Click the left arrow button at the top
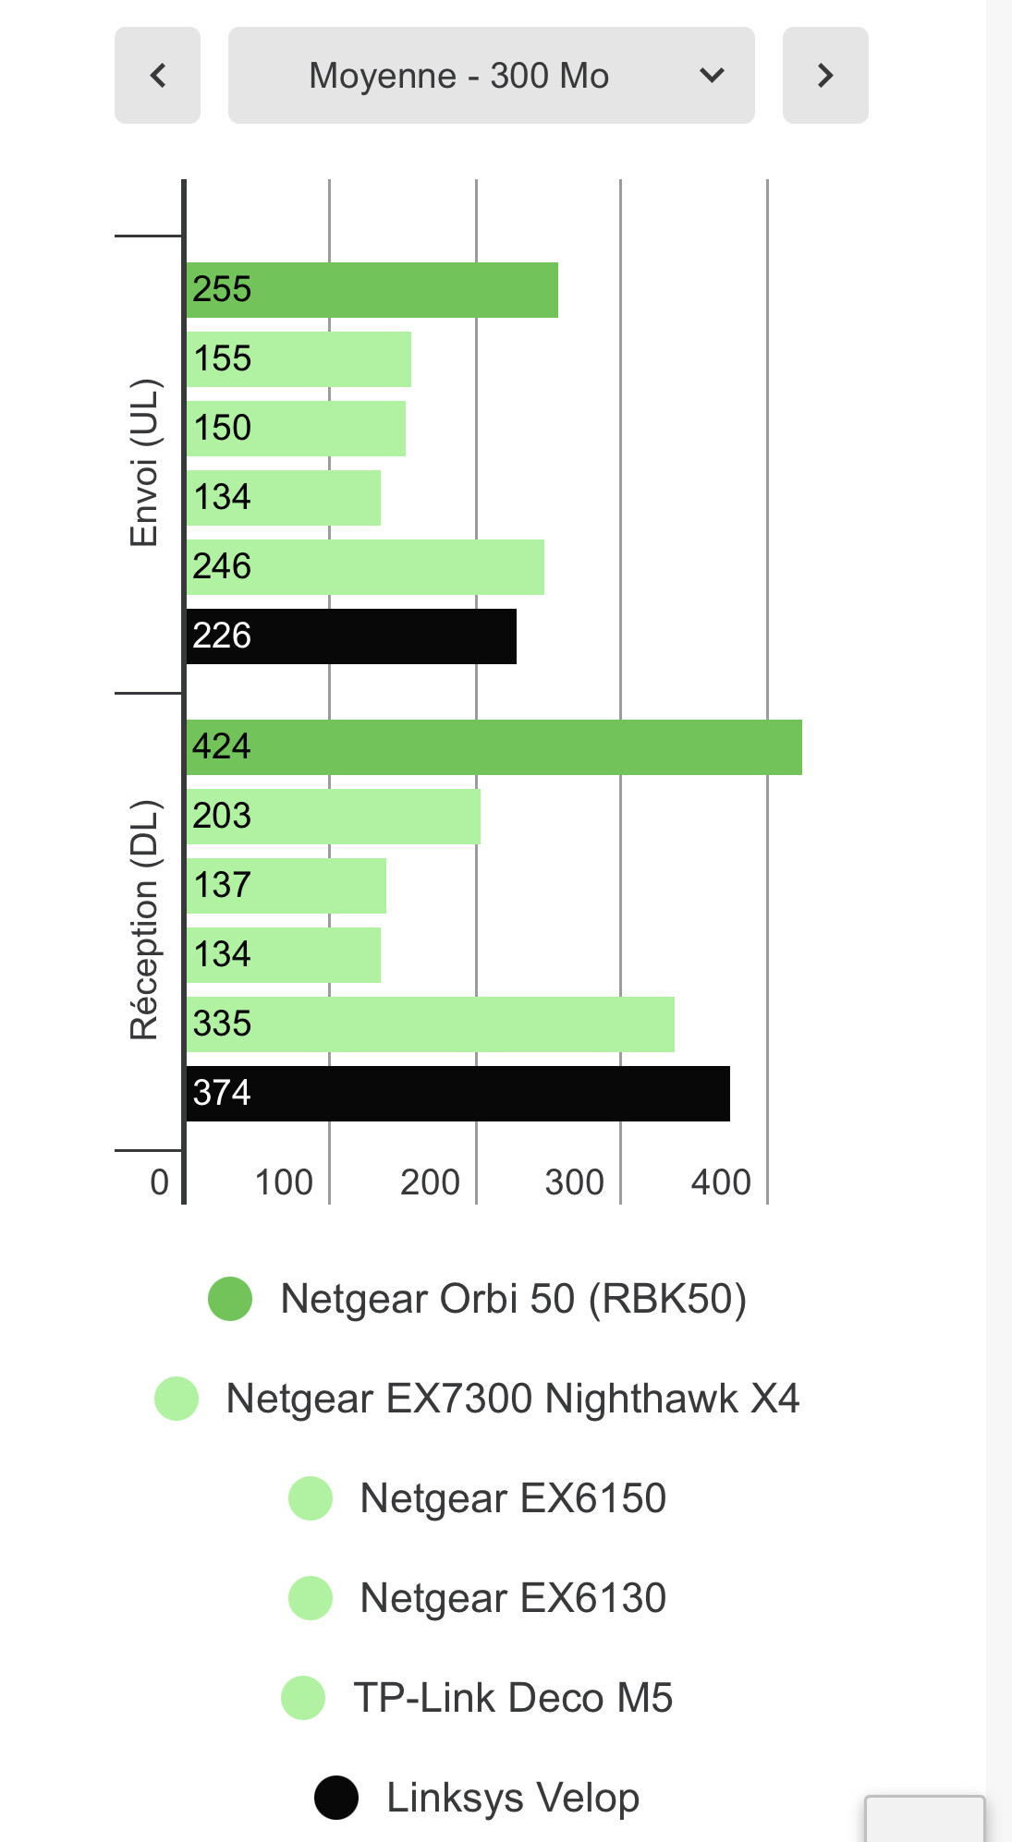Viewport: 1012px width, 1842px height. pyautogui.click(x=157, y=75)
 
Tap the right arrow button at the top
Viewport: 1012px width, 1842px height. pyautogui.click(x=824, y=75)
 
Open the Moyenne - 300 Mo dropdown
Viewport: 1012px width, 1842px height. pyautogui.click(x=491, y=75)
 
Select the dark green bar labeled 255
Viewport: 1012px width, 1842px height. pyautogui.click(x=372, y=290)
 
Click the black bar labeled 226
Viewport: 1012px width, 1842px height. pyautogui.click(x=351, y=636)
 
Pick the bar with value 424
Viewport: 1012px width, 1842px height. pyautogui.click(x=494, y=747)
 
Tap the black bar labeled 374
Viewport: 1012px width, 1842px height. pyautogui.click(x=457, y=1094)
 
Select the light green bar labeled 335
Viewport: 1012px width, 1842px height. pyautogui.click(x=430, y=1024)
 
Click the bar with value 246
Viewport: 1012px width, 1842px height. pyautogui.click(x=365, y=567)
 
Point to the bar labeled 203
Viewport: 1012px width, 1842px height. pyautogui.click(x=333, y=817)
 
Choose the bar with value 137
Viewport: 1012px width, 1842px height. pyautogui.click(x=286, y=886)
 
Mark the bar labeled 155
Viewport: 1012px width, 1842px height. pyautogui.click(x=299, y=359)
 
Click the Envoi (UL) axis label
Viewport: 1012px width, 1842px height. pyautogui.click(x=144, y=463)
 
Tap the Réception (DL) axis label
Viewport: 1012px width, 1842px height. pyautogui.click(x=144, y=920)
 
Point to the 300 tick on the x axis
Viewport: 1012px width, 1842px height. pyautogui.click(x=574, y=1182)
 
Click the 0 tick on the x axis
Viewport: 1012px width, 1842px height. pyautogui.click(x=159, y=1182)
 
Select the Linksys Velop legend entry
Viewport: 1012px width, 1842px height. pyautogui.click(x=512, y=1798)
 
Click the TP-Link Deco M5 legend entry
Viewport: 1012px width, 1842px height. pyautogui.click(x=512, y=1698)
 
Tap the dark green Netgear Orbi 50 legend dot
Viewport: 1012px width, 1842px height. pyautogui.click(x=230, y=1299)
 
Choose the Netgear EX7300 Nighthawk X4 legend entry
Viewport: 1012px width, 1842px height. pyautogui.click(x=512, y=1399)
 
